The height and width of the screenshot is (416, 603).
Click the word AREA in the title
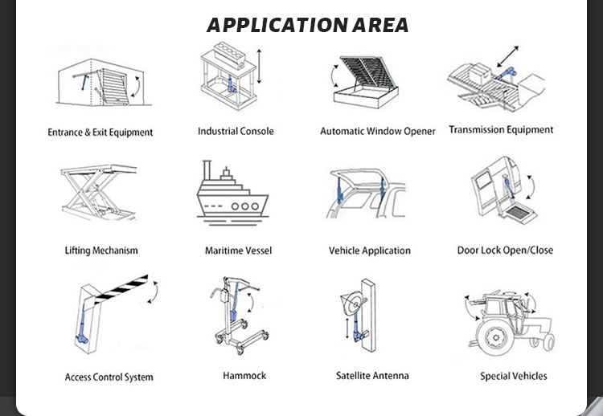tap(378, 25)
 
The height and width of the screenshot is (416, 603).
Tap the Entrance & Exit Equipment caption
tap(100, 133)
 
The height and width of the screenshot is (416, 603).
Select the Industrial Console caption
tap(236, 131)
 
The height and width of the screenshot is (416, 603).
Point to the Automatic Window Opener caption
tap(377, 131)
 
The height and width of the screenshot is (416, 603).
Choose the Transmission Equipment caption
tap(501, 129)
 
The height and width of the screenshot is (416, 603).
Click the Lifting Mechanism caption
tap(101, 251)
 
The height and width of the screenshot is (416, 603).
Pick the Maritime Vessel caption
tap(238, 251)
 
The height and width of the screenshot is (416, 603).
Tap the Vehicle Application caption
tap(370, 251)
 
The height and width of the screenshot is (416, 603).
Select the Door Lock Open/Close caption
tap(505, 250)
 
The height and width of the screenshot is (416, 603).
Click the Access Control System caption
tap(109, 377)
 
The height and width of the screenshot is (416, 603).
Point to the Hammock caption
tap(244, 375)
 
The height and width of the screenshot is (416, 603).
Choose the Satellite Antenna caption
tap(372, 375)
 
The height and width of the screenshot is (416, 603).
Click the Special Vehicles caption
tap(513, 376)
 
